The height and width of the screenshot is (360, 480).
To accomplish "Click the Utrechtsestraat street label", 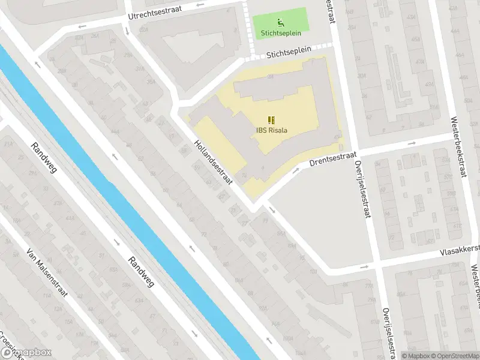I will click(157, 12).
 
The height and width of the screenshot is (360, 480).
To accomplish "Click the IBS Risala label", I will click(268, 131).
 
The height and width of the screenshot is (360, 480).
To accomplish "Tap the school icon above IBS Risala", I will click(269, 119).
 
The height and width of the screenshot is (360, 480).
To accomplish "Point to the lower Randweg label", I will click(141, 271).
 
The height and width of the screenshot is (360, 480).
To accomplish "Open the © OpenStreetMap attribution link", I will click(451, 355).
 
